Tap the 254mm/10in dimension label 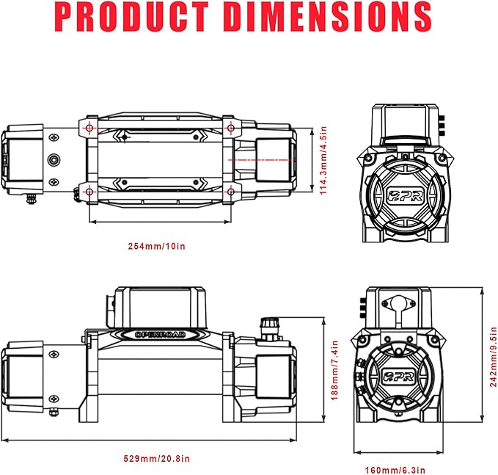click(x=156, y=246)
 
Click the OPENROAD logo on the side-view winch click(x=160, y=334)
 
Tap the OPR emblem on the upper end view click(x=404, y=195)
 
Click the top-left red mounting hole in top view click(x=89, y=128)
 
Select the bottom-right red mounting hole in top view click(x=230, y=192)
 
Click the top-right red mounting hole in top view click(x=230, y=128)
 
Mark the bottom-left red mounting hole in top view click(x=89, y=192)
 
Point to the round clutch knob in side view click(x=267, y=324)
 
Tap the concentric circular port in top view click(x=54, y=159)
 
